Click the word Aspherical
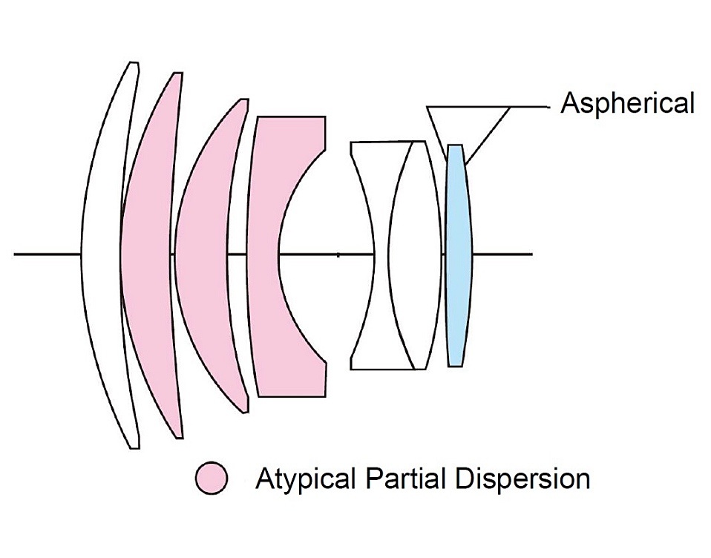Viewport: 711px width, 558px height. point(627,103)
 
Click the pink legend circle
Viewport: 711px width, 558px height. point(212,478)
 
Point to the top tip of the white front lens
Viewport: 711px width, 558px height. point(134,64)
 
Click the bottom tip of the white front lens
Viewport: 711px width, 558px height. point(134,447)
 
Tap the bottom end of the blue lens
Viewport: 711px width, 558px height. point(456,364)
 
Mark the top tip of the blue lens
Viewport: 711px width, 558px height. point(455,146)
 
